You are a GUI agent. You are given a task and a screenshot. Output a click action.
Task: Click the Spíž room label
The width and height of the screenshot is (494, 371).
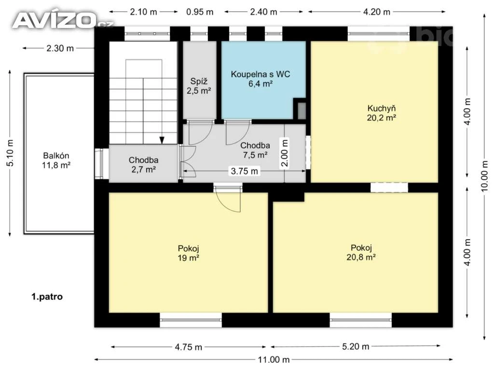199,81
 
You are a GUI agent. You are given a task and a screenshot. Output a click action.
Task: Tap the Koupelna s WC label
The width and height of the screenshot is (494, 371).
260,74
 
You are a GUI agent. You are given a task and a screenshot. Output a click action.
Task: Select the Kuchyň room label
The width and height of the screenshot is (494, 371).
382,108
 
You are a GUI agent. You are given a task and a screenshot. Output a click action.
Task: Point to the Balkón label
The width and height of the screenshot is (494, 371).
56,156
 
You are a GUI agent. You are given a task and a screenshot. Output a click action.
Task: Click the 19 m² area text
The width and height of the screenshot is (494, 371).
189,258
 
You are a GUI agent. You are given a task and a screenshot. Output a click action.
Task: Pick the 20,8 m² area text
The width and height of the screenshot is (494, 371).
361,257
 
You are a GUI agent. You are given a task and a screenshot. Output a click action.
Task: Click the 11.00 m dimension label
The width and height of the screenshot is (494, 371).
274,359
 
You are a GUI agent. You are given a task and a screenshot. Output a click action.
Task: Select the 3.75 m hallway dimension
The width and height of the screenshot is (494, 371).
245,171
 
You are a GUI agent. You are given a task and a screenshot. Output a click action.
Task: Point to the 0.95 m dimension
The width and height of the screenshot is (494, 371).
200,12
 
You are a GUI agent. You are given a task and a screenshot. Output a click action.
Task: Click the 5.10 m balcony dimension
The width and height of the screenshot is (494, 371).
10,153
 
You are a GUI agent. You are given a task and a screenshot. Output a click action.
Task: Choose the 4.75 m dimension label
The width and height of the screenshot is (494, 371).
189,347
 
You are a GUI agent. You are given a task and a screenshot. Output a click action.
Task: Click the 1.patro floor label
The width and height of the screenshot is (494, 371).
47,297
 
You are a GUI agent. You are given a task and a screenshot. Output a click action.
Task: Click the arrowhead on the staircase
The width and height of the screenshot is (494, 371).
162,141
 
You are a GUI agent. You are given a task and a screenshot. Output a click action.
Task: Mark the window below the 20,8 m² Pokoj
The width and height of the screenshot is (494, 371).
361,320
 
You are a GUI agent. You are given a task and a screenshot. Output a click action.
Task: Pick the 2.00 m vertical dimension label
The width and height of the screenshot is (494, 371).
285,153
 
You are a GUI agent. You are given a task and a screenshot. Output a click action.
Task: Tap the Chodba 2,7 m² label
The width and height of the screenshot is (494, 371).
143,165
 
